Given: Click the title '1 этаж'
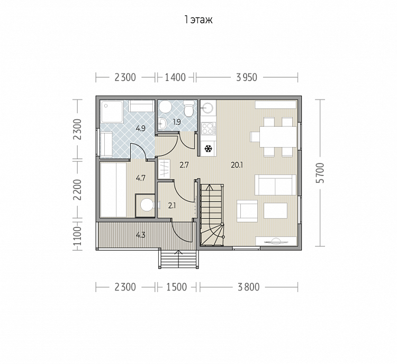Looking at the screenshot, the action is point(198,20).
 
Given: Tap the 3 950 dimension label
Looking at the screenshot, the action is point(247,77).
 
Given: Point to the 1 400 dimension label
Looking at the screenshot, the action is point(175,77).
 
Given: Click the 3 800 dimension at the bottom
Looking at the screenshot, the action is point(249,287).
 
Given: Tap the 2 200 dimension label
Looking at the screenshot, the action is point(77,189).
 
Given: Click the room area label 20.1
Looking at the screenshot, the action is point(237,165).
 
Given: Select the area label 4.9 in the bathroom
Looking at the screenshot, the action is point(140,129).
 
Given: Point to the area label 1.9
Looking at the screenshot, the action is point(177,122).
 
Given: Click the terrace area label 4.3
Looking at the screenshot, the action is point(140,235).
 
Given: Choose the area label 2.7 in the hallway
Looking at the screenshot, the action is point(184,165).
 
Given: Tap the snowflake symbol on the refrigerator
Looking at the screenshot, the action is point(208,149).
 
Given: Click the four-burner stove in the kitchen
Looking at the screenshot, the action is point(209,128).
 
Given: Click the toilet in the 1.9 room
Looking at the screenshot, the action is point(188,109).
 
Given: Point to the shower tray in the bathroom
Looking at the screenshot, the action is point(112,112).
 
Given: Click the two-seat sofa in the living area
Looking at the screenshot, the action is point(275,185).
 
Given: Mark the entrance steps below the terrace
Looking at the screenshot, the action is point(178,259).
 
